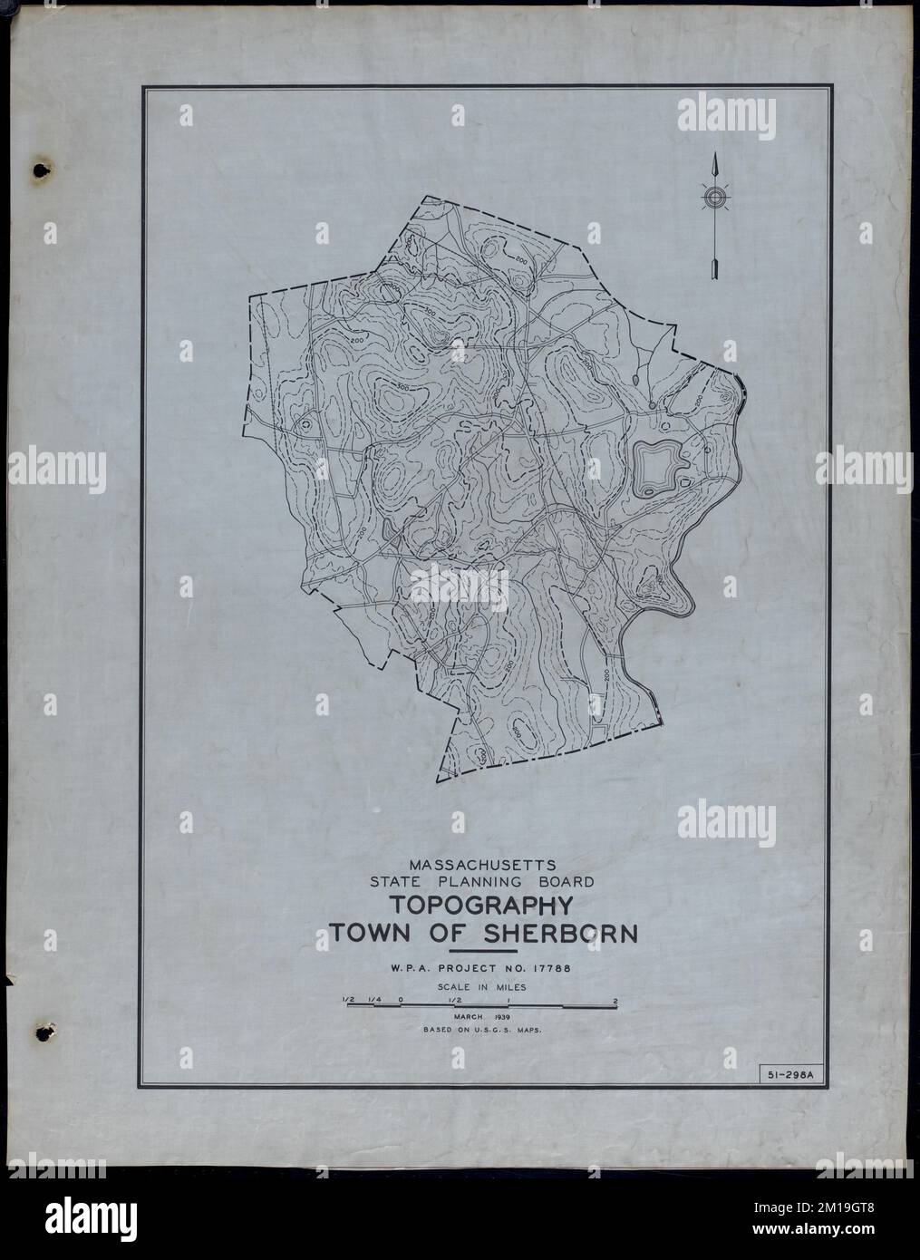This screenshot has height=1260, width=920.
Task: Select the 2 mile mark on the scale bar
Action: pyautogui.click(x=616, y=1001)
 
